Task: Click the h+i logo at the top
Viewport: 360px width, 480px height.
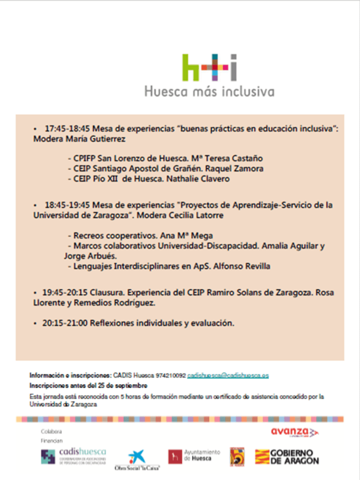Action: (x=209, y=68)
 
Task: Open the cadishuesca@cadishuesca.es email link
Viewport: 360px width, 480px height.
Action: (x=228, y=375)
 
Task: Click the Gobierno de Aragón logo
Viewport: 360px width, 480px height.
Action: (x=287, y=457)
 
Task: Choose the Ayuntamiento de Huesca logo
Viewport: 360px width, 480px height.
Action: (x=194, y=456)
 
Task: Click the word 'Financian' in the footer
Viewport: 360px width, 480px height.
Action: (x=52, y=441)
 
